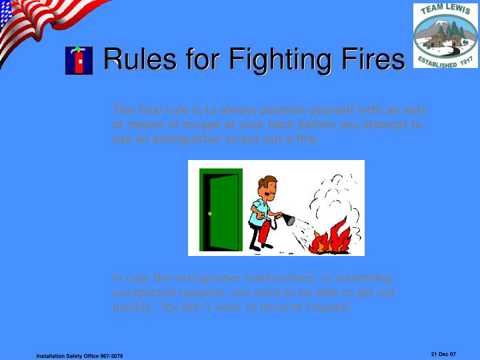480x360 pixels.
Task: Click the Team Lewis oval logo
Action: point(445,35)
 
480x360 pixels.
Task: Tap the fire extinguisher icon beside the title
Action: point(79,61)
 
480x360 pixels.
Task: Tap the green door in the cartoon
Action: point(221,208)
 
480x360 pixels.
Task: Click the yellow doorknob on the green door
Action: point(209,213)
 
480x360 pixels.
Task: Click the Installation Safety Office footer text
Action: point(79,357)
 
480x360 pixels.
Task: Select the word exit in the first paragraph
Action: point(415,110)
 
